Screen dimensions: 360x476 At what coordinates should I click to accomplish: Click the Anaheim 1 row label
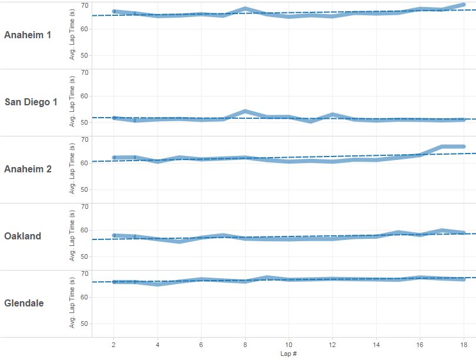(x=35, y=35)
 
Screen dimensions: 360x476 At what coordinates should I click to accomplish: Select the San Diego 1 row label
(x=39, y=102)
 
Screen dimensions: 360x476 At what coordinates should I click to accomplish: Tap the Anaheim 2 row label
(x=35, y=169)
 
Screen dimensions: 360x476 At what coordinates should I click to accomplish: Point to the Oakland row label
(x=22, y=236)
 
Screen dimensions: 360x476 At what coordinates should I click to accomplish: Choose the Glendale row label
(x=24, y=304)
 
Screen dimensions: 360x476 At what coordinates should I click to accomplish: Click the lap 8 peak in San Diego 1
(x=245, y=111)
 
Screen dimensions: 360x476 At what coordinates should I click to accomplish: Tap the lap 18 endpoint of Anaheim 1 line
(x=464, y=5)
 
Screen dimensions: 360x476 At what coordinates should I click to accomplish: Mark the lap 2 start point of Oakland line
(x=114, y=235)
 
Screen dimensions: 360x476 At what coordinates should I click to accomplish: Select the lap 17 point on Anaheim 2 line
(x=442, y=146)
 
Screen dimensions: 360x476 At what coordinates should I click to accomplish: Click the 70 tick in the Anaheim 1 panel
(x=85, y=5)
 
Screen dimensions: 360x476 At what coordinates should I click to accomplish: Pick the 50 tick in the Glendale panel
(x=85, y=324)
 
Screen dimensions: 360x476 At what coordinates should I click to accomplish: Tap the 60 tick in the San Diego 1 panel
(x=85, y=96)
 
